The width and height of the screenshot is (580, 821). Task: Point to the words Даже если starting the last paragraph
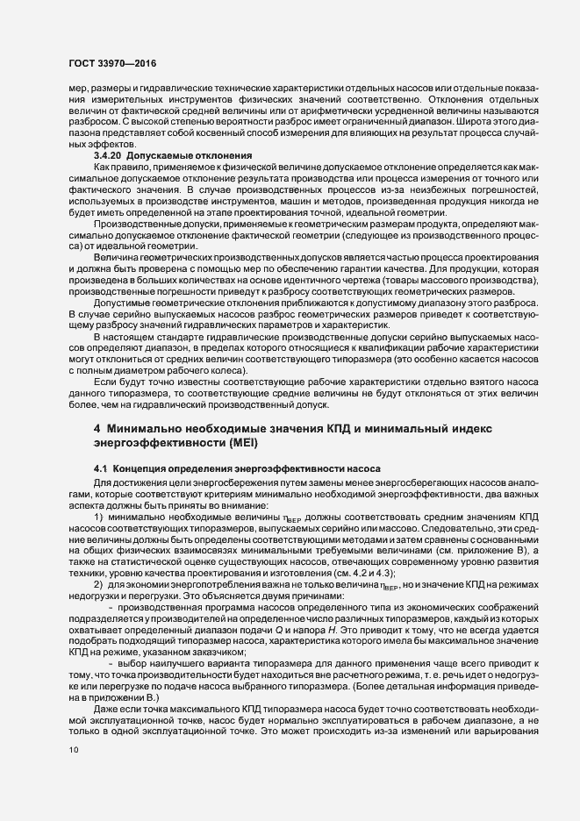(x=118, y=708)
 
